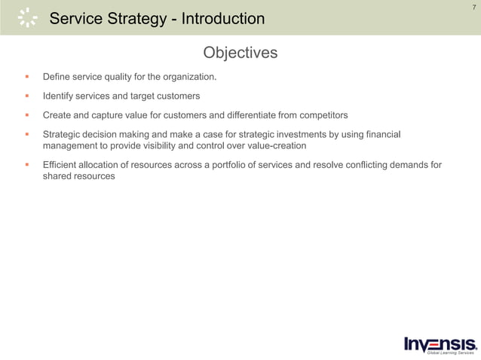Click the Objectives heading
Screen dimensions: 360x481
point(240,53)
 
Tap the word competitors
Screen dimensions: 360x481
point(322,115)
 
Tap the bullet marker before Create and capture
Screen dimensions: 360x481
point(26,115)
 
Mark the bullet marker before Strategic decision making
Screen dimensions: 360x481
point(26,134)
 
